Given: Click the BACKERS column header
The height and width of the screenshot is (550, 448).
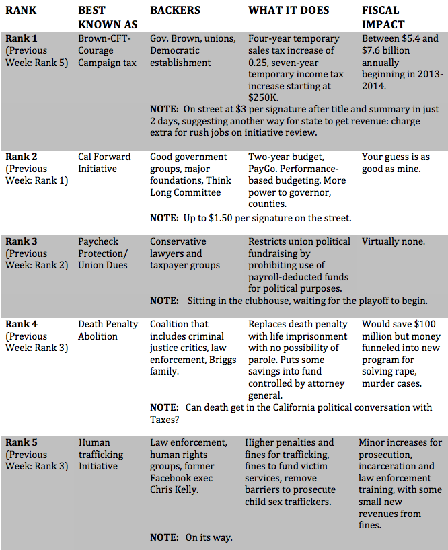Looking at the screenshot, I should click(x=176, y=11).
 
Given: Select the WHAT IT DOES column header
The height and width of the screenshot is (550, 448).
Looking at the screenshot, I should click(x=289, y=11).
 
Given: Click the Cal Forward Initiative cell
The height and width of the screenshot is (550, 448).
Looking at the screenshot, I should click(x=104, y=163).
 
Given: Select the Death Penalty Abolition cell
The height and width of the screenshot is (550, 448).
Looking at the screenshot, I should click(x=108, y=330).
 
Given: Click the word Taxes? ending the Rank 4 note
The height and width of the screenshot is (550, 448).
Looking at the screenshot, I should click(x=167, y=420).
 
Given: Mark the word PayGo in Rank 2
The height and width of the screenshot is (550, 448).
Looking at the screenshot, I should click(x=263, y=169).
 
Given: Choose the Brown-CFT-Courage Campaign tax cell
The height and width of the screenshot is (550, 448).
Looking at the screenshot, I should click(x=107, y=50).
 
